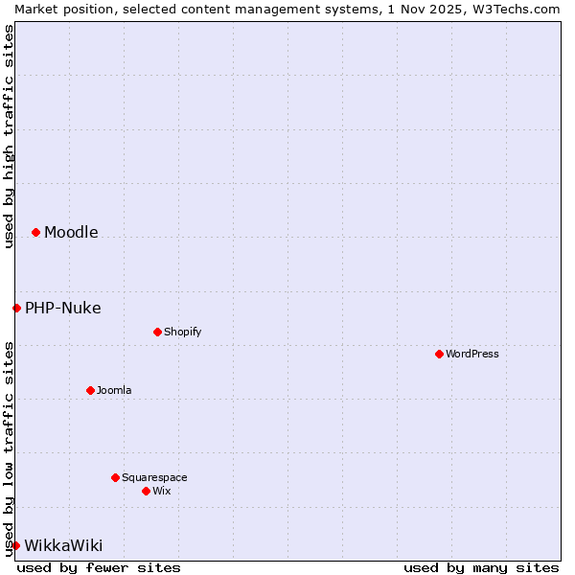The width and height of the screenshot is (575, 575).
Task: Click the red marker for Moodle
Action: [35, 232]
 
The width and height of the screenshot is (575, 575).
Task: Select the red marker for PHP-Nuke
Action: [16, 308]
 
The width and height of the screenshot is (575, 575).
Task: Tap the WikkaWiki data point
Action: [15, 545]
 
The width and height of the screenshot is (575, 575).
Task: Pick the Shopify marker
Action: [157, 332]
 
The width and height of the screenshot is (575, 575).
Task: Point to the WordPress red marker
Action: [439, 354]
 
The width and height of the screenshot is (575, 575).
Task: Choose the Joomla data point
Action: [90, 390]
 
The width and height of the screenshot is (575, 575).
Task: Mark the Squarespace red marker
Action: [115, 477]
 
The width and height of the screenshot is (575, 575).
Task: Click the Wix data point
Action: [146, 491]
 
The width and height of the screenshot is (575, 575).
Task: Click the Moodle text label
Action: [71, 232]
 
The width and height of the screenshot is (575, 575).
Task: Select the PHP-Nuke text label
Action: [63, 308]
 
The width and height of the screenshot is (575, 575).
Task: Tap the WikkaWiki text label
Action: [63, 545]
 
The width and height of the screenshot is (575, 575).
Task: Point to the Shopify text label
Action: [182, 332]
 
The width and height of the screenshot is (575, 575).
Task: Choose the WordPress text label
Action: [471, 354]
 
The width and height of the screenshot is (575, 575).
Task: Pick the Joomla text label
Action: [114, 390]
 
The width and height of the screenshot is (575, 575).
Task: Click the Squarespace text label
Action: [154, 477]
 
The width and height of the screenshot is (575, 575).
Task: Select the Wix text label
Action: [161, 491]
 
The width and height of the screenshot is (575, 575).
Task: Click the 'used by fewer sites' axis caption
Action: [99, 567]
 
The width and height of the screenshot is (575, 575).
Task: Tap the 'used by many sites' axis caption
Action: [481, 567]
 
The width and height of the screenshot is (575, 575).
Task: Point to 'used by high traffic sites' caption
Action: [9, 136]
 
